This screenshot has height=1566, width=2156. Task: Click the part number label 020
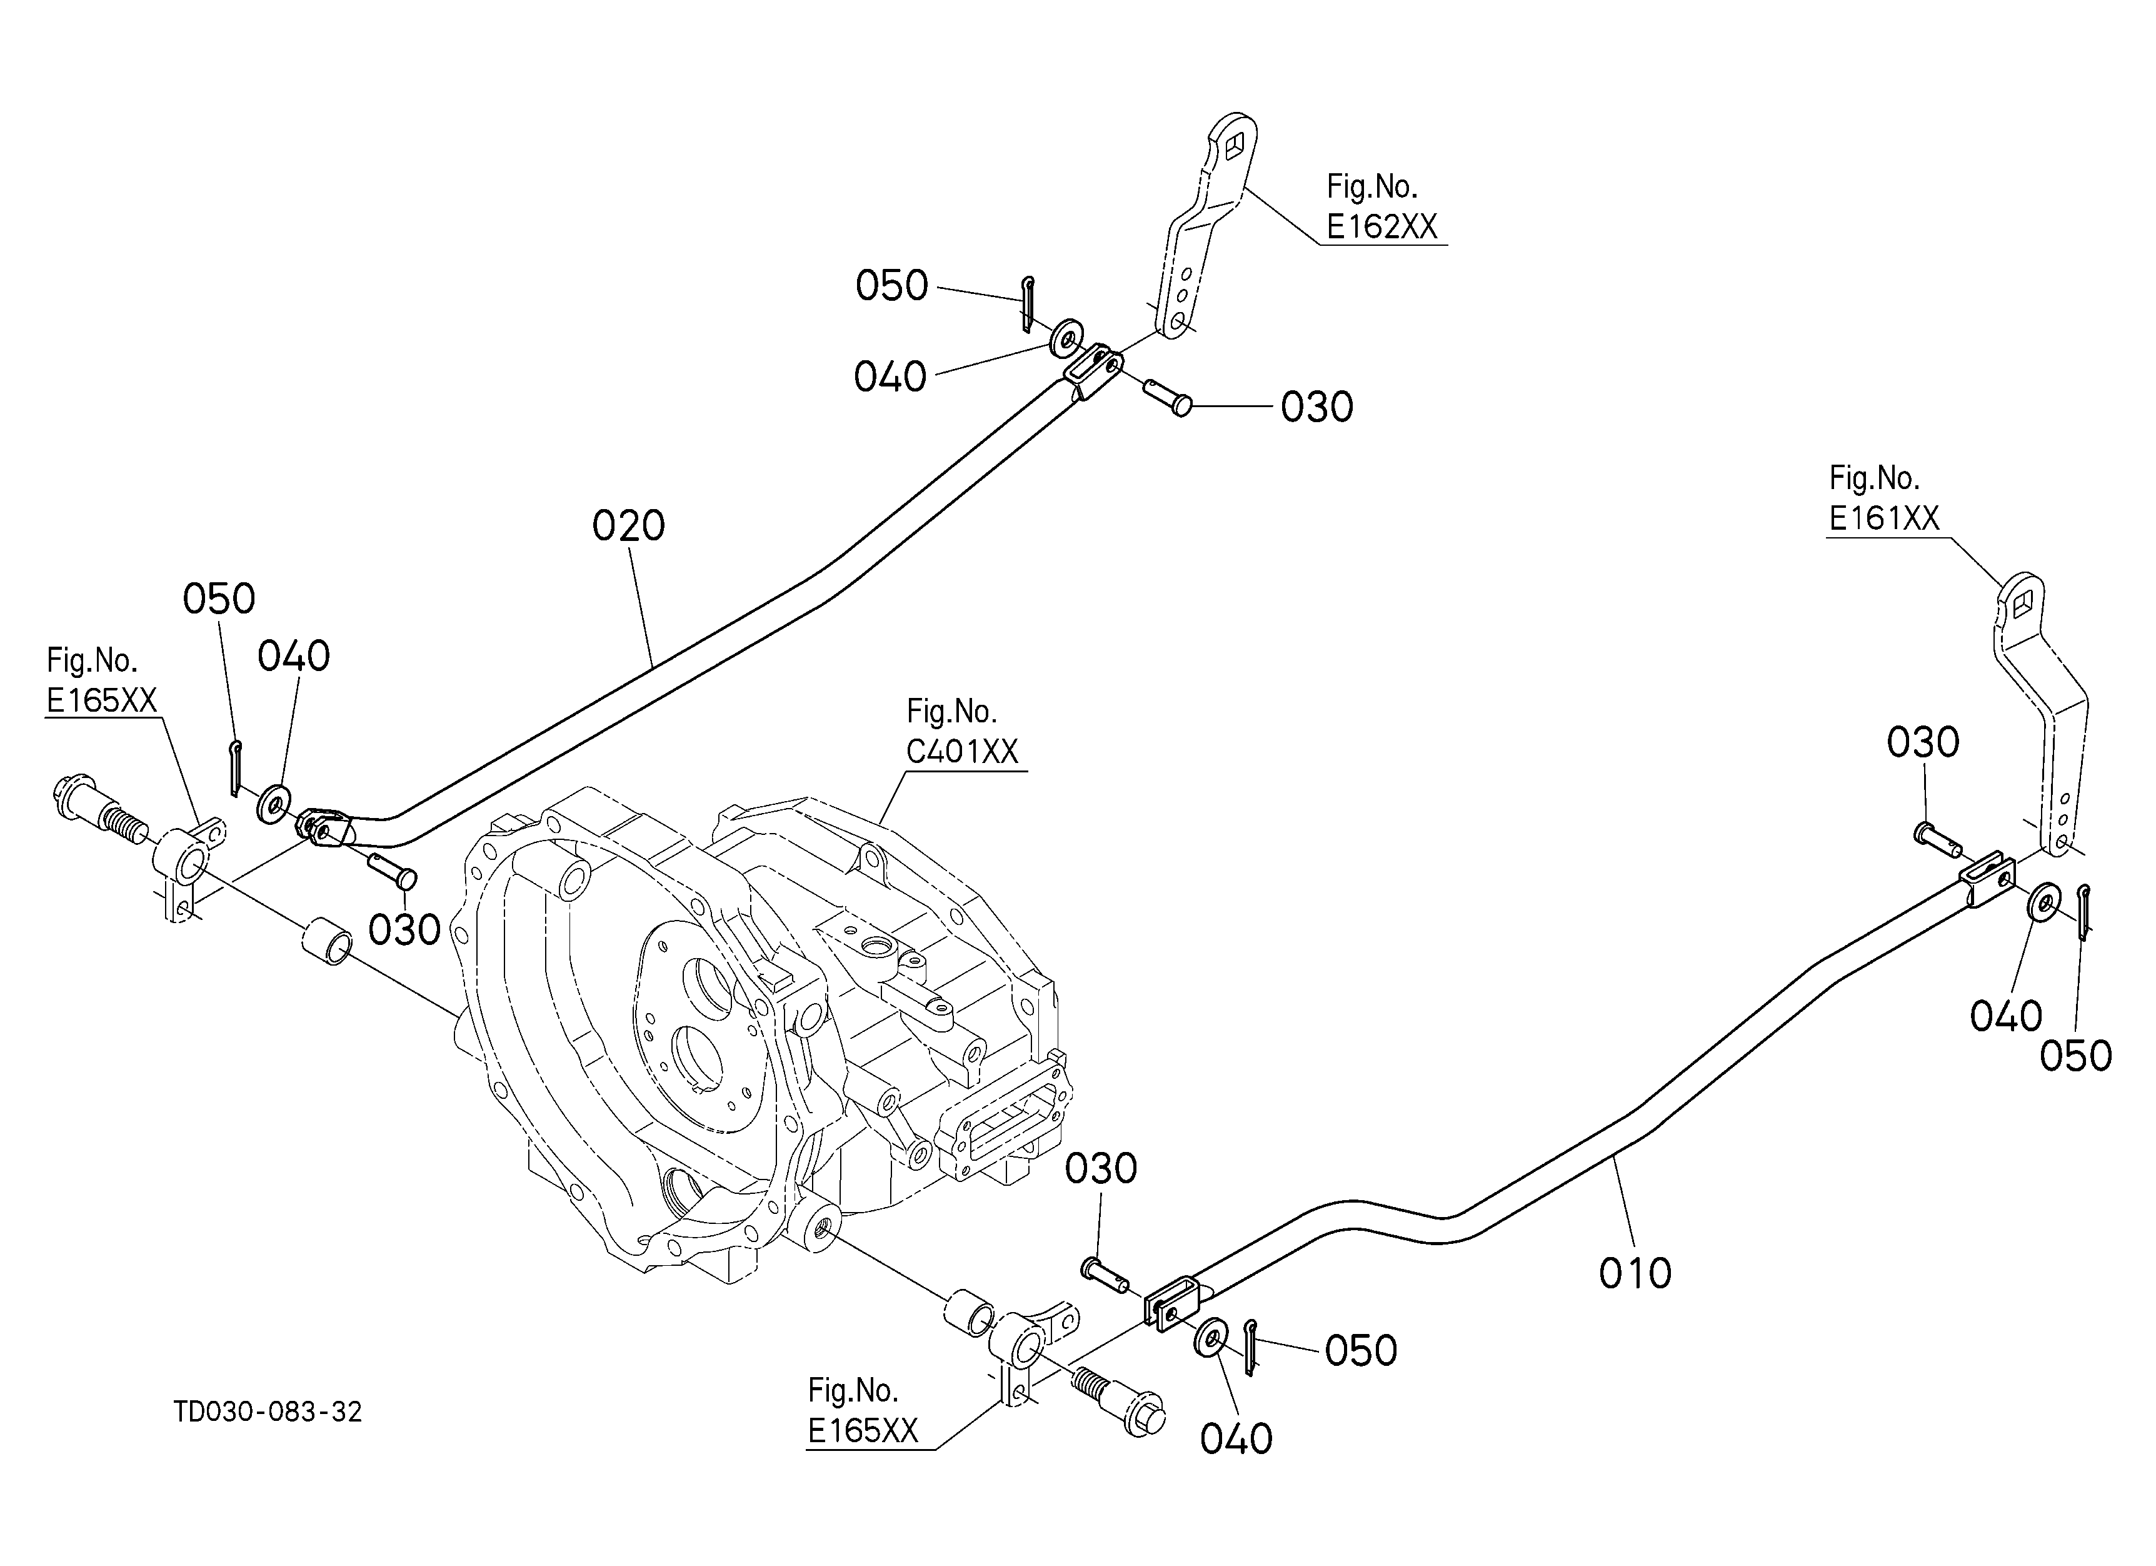point(628,526)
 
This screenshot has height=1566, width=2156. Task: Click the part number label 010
point(1635,1274)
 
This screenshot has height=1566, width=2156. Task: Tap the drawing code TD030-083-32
point(268,1412)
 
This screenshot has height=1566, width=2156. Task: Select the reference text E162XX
point(1381,226)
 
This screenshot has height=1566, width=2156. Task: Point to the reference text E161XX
point(1884,518)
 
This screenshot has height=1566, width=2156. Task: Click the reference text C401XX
point(962,752)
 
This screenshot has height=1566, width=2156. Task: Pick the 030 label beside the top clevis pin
point(1316,407)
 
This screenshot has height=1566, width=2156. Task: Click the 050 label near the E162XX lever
point(891,285)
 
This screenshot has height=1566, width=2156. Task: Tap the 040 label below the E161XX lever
point(2006,1016)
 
